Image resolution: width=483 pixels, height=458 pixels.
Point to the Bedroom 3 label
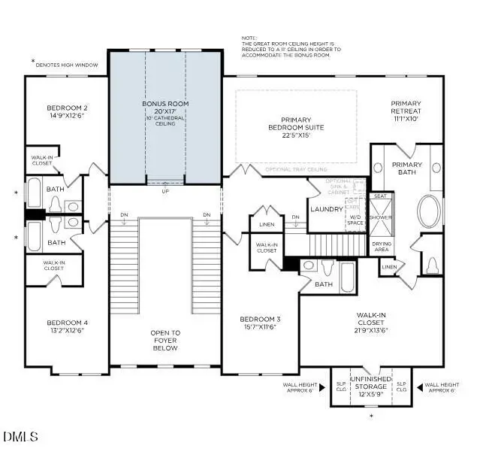tap(260, 318)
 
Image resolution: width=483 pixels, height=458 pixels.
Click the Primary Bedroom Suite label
tap(302, 123)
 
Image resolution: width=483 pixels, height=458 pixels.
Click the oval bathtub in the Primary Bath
tap(430, 212)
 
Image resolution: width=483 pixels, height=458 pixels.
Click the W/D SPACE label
tap(355, 220)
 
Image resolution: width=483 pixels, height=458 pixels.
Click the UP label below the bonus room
tap(165, 190)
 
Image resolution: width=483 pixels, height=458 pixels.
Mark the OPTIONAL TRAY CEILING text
tap(295, 170)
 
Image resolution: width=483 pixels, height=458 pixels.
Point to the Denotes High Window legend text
tap(67, 65)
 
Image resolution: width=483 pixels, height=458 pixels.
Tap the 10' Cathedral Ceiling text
tap(165, 120)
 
